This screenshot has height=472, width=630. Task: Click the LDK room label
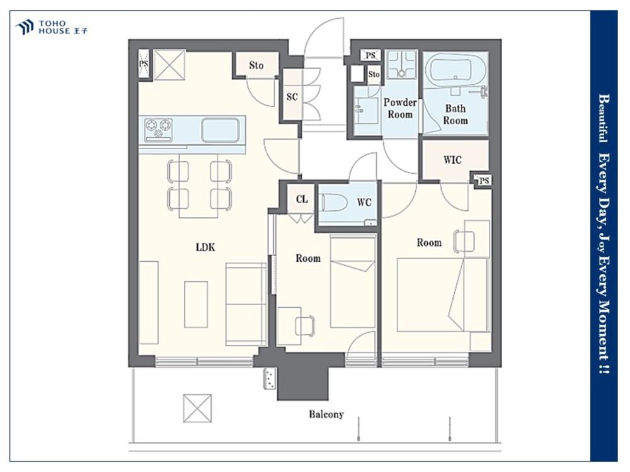pos(205,247)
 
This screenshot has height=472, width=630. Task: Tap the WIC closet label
pos(452,160)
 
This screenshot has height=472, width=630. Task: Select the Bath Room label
pos(455,115)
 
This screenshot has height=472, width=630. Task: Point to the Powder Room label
pos(400,108)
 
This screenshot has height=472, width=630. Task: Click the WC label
pos(364,203)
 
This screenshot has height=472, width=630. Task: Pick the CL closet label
pos(302,199)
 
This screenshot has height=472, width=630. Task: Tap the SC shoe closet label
pos(292,97)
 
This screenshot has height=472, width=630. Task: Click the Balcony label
pos(326,414)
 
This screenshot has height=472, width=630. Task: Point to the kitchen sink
pos(220,130)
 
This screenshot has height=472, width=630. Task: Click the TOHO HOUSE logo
pos(52,27)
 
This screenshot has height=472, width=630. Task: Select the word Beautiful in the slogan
pos(603,118)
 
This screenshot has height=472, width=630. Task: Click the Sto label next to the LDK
pos(256,65)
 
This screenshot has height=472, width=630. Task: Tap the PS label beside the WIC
pos(484,181)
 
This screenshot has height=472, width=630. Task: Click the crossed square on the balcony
pos(197,408)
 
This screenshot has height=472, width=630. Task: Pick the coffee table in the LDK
pos(196,304)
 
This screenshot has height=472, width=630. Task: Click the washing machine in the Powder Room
pos(401,65)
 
